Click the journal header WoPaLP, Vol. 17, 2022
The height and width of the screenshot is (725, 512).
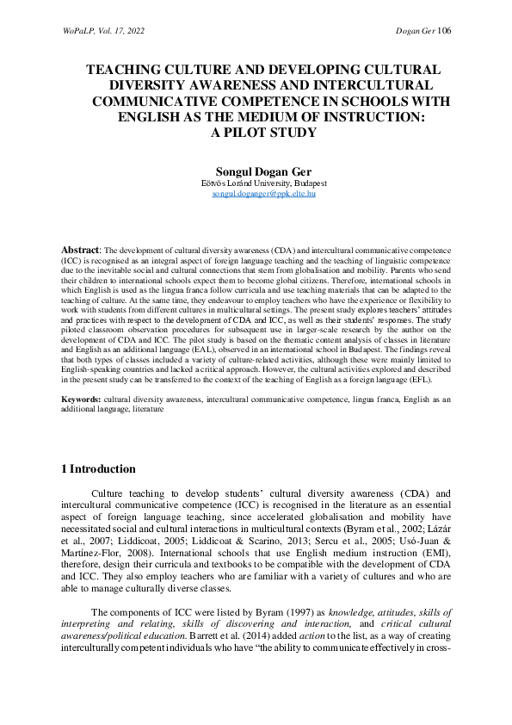coord(102,31)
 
